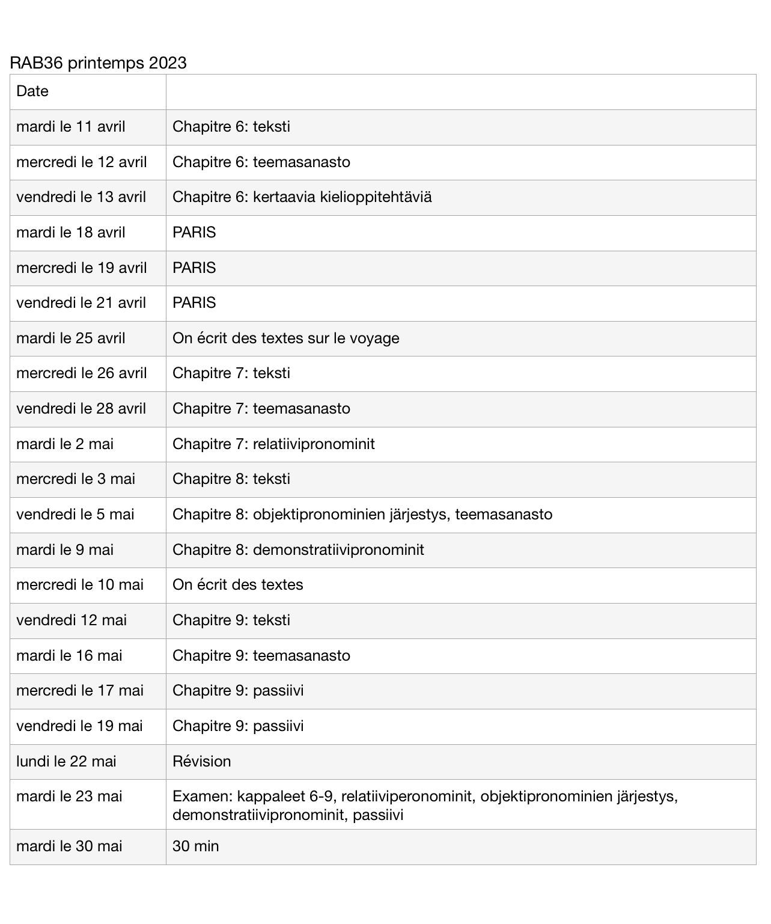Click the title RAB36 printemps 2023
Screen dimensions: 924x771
click(98, 63)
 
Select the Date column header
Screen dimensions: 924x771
click(32, 91)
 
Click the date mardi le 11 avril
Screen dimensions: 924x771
click(71, 127)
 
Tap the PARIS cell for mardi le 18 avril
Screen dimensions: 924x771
click(194, 233)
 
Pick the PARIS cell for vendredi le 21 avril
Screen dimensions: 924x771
click(194, 303)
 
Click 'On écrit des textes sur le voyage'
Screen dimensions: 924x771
click(285, 338)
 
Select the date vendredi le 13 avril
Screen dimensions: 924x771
click(81, 197)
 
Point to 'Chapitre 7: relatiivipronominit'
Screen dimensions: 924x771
click(273, 444)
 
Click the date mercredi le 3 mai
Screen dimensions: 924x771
click(76, 479)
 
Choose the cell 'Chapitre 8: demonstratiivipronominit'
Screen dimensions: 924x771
click(298, 550)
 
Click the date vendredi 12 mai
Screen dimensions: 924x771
click(72, 620)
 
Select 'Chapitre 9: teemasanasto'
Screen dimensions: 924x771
click(261, 656)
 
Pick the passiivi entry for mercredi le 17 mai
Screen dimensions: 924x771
click(278, 691)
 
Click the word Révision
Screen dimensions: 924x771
click(202, 762)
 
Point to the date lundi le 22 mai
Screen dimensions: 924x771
click(66, 762)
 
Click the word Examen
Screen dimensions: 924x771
click(202, 797)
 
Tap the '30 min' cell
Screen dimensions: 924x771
click(196, 846)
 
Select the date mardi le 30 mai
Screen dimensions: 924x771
click(69, 846)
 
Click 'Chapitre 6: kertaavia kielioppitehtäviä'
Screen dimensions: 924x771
click(302, 197)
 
